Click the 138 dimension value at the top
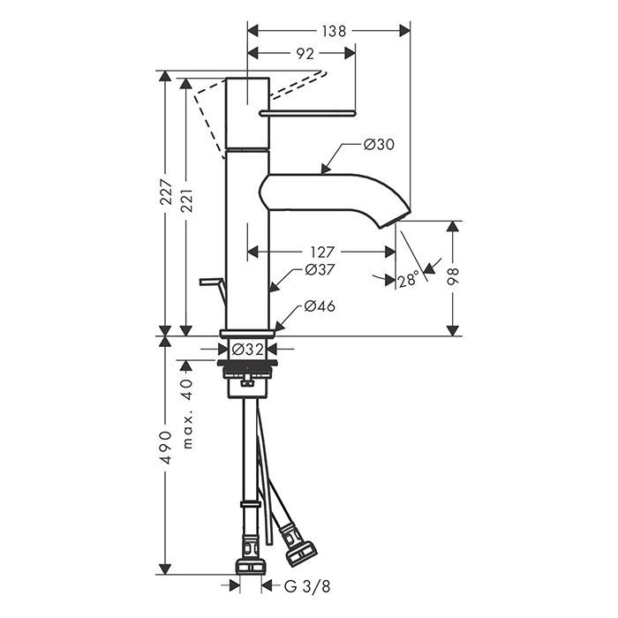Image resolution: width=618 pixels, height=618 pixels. (x=334, y=31)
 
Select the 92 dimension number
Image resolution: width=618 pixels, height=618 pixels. (x=305, y=54)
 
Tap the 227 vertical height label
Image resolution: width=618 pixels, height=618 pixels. (x=166, y=192)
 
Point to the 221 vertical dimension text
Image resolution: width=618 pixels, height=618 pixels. (x=187, y=200)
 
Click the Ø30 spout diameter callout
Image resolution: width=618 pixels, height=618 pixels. (x=379, y=145)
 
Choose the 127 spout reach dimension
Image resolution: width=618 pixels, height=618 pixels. (x=322, y=252)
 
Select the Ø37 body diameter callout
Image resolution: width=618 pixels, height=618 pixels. (x=320, y=270)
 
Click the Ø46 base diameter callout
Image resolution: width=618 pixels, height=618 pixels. (x=320, y=305)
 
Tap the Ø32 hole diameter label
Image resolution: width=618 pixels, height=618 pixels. (x=247, y=350)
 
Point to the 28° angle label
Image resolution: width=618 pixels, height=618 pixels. (x=408, y=280)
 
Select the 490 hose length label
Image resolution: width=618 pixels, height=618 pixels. (x=166, y=448)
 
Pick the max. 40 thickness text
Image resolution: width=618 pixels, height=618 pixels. (x=187, y=414)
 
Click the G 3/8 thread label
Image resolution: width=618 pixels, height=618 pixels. (x=307, y=587)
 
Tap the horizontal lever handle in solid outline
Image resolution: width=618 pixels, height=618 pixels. (x=308, y=114)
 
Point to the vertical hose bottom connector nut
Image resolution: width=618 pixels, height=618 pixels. (x=250, y=567)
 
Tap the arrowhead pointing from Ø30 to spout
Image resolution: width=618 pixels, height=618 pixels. (x=325, y=169)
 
